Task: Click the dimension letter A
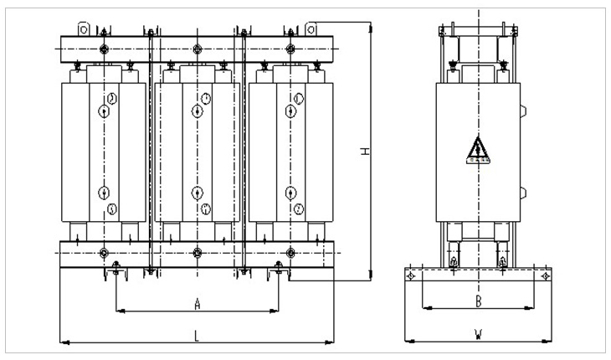click(197, 301)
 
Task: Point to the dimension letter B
click(477, 299)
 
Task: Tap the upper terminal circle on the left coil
click(104, 111)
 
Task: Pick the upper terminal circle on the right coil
click(290, 111)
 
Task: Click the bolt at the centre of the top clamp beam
click(197, 49)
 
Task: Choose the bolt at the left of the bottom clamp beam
click(104, 253)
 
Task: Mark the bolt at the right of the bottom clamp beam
click(290, 253)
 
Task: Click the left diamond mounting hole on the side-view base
click(410, 275)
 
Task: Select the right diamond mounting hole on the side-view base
click(545, 275)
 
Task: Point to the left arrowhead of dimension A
click(118, 311)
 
